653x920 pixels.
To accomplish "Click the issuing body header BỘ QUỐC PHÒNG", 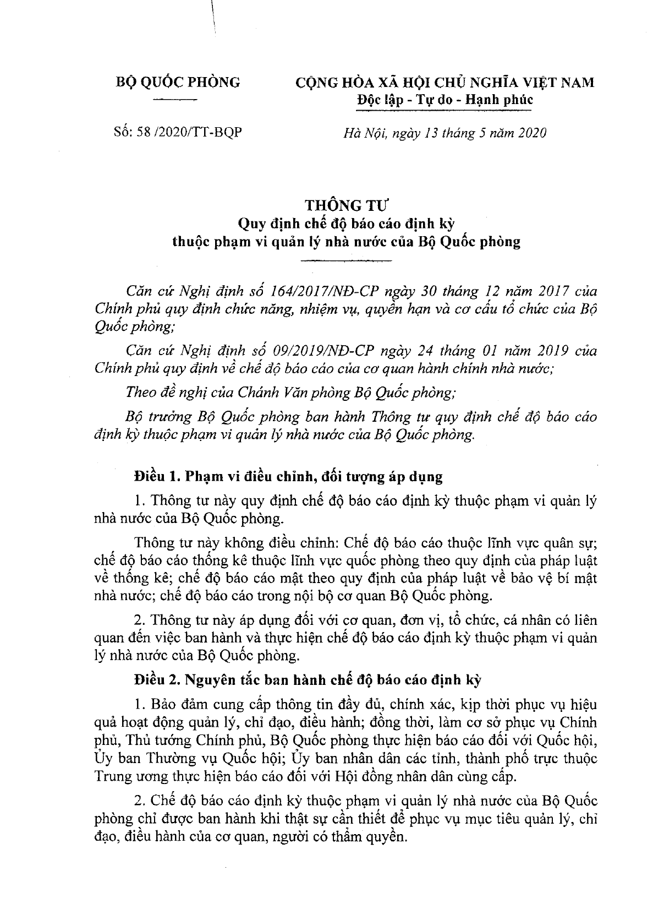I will (178, 83).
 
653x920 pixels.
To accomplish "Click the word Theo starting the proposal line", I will (140, 393).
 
